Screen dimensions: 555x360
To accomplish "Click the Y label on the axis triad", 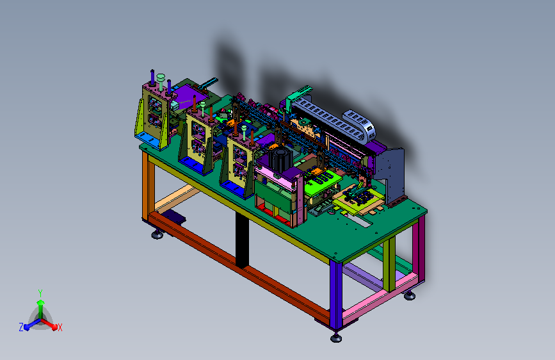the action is [x=40, y=293].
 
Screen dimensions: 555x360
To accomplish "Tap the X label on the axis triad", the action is [x=60, y=327].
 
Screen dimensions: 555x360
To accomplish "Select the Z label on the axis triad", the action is [x=21, y=327].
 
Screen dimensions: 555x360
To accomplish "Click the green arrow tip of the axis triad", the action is [x=41, y=302].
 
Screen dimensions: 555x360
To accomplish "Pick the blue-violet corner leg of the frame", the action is [x=336, y=295].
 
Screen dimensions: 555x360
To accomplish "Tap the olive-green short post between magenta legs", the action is [x=389, y=265].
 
